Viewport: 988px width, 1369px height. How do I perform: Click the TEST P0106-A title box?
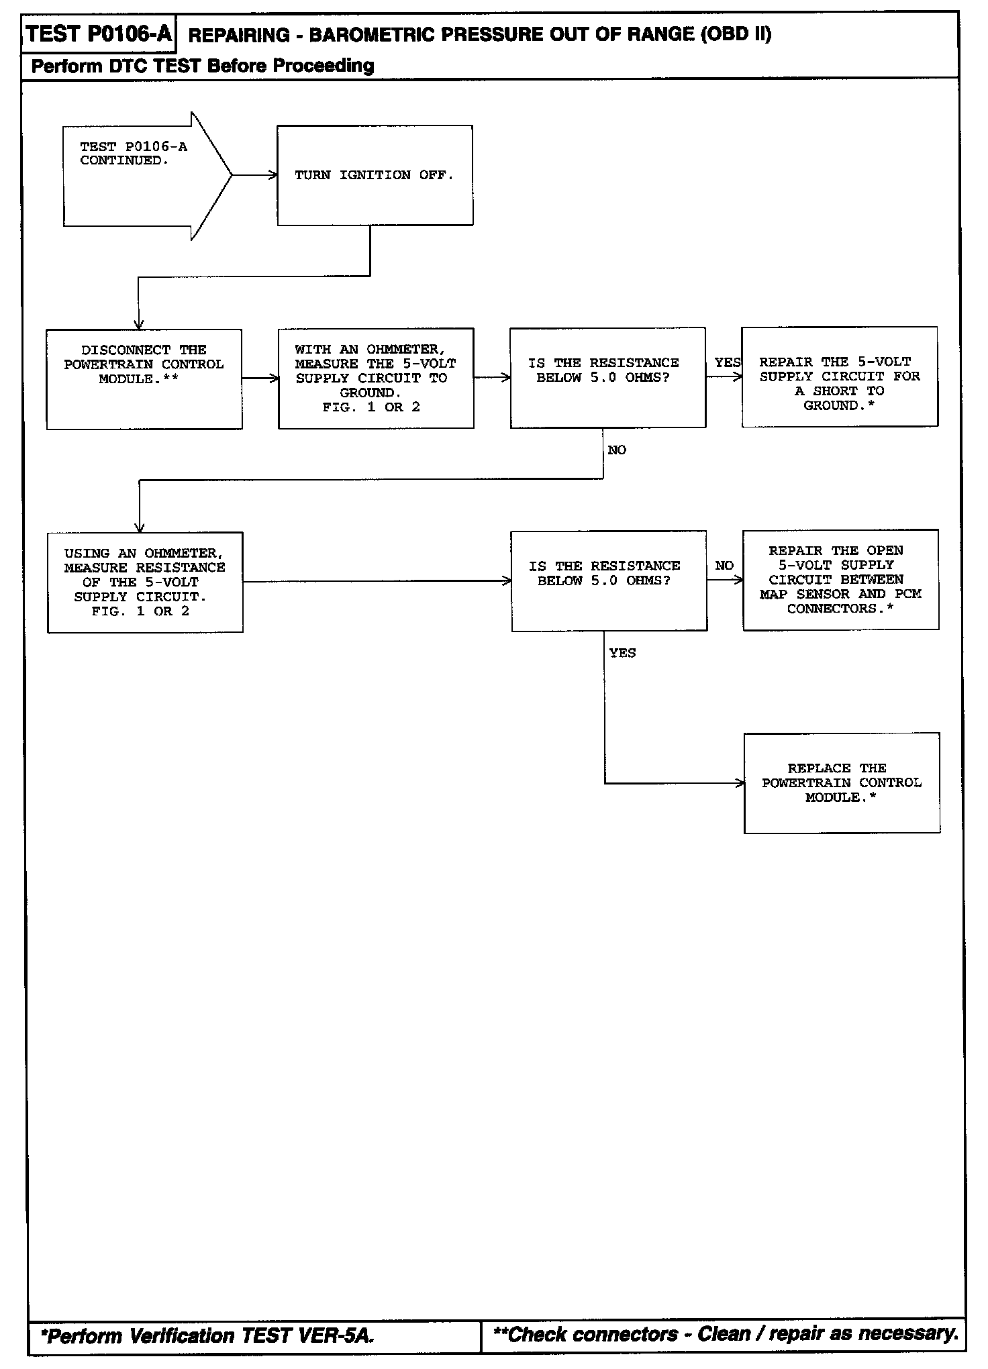coord(99,34)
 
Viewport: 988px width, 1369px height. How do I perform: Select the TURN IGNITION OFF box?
coord(375,175)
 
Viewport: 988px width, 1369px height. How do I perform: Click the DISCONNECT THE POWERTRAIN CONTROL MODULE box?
coord(144,379)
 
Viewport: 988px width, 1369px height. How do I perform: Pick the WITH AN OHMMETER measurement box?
coord(376,378)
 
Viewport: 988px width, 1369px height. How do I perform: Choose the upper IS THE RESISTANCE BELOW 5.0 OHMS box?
coord(607,378)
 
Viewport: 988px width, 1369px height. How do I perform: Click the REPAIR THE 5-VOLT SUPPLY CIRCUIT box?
coord(840,377)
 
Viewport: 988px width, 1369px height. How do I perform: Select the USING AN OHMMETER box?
coord(145,582)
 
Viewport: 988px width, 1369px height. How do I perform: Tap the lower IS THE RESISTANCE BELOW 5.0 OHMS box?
coord(609,581)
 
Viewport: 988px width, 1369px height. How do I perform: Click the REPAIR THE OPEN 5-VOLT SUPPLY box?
coord(840,580)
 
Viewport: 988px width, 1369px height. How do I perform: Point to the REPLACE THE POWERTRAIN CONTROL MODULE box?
coord(842,783)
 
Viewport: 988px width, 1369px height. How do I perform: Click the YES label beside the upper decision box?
coord(727,362)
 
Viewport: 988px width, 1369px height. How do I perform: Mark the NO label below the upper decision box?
coord(617,450)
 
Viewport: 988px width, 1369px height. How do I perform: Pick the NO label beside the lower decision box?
coord(724,566)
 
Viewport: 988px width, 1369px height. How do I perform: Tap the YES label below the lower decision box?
coord(622,653)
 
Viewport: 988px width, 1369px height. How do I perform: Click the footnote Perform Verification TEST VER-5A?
coord(207,1335)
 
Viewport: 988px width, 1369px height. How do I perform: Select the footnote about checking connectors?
coord(725,1333)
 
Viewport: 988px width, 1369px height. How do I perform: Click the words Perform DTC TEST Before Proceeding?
coord(203,66)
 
